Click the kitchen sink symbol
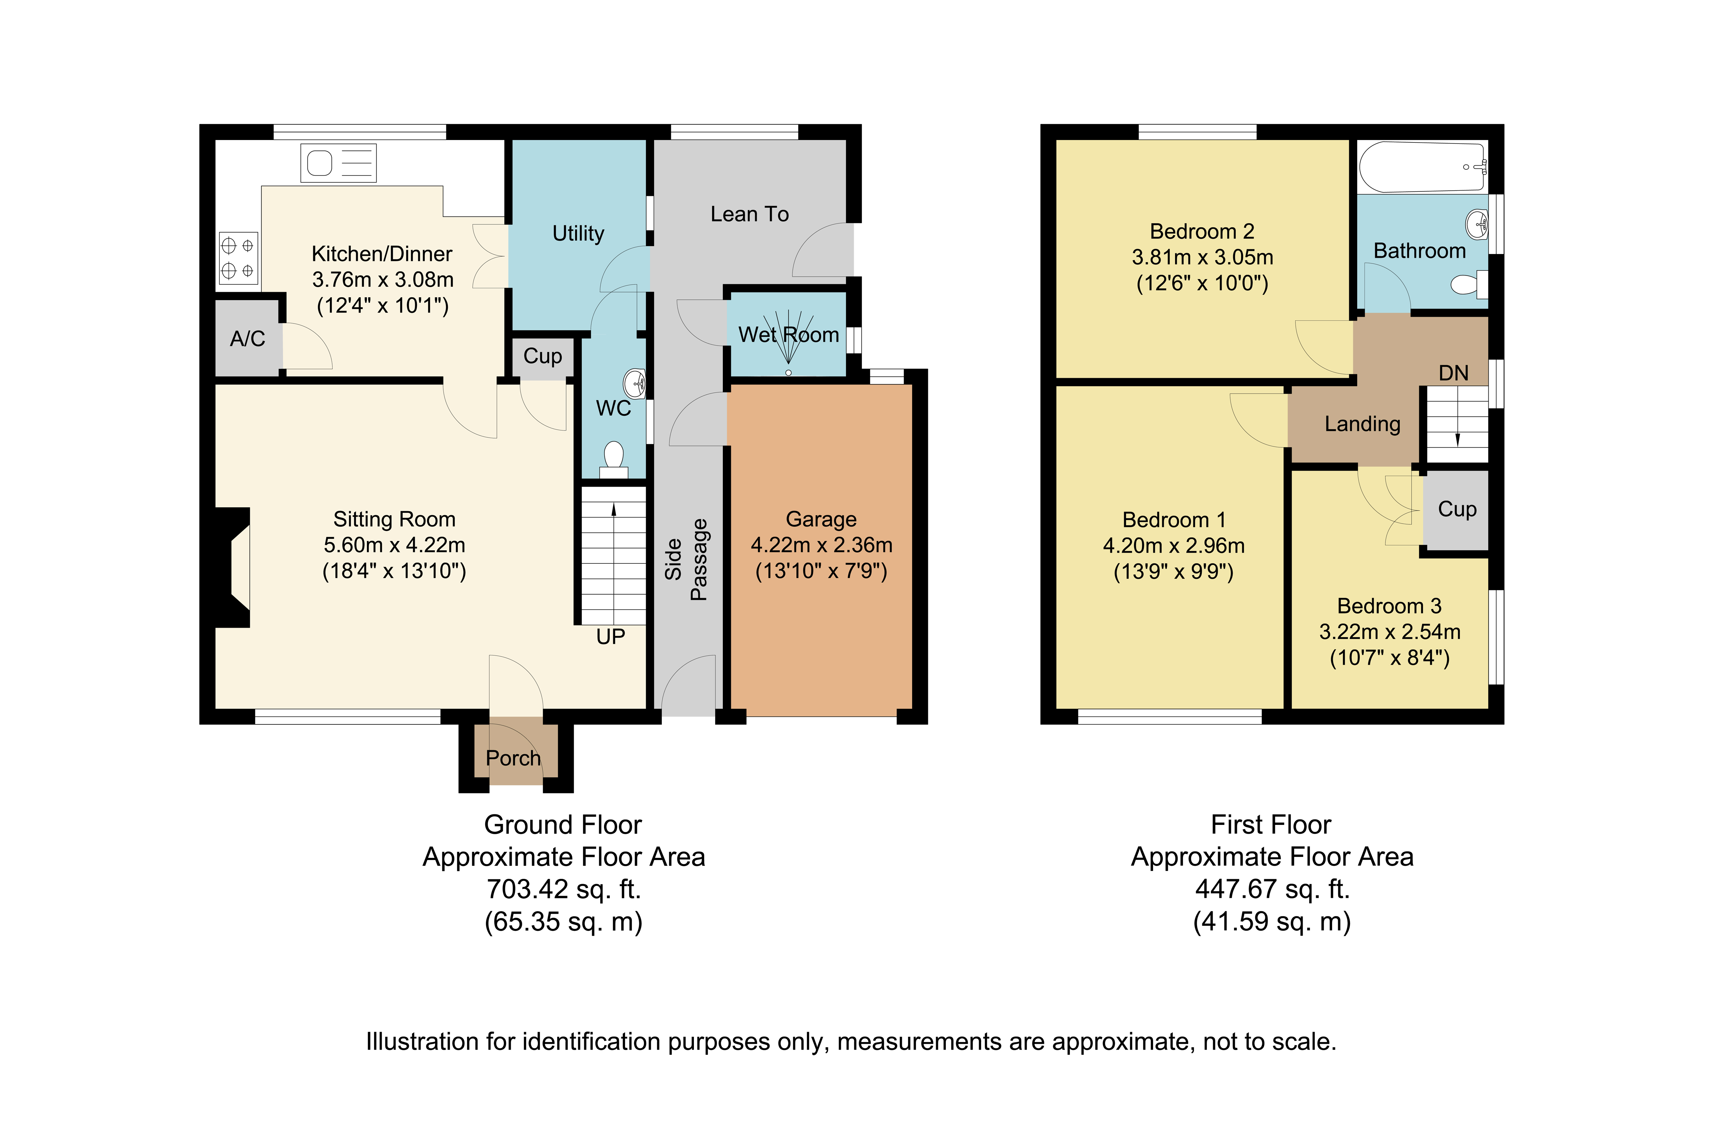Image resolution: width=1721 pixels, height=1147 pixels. pyautogui.click(x=339, y=162)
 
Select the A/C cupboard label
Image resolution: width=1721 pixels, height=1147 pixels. pyautogui.click(x=247, y=339)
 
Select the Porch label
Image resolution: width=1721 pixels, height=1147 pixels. pyautogui.click(x=514, y=758)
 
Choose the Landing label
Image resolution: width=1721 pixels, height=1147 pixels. pyautogui.click(x=1362, y=424)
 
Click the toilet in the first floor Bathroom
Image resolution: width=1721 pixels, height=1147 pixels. pyautogui.click(x=1469, y=284)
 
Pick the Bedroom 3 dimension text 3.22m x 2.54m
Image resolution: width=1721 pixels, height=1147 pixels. pyautogui.click(x=1390, y=632)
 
